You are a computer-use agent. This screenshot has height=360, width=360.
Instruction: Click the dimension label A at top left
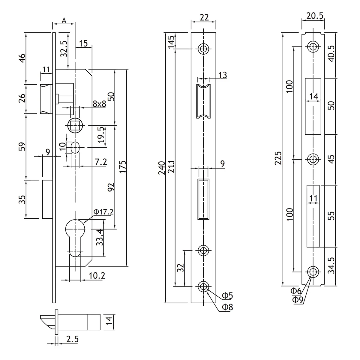64,20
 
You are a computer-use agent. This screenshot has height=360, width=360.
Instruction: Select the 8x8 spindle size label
99,104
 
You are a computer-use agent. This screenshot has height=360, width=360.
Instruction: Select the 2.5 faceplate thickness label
73,339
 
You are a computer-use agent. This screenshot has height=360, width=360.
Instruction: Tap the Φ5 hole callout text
227,296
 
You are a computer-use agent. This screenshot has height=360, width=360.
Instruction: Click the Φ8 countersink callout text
227,307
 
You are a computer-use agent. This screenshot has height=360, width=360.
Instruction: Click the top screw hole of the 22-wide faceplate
204,49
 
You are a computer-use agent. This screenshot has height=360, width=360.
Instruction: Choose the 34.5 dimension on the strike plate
331,265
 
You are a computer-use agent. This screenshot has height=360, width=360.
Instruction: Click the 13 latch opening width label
223,75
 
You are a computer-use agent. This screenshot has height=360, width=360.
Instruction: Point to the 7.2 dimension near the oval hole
100,162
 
